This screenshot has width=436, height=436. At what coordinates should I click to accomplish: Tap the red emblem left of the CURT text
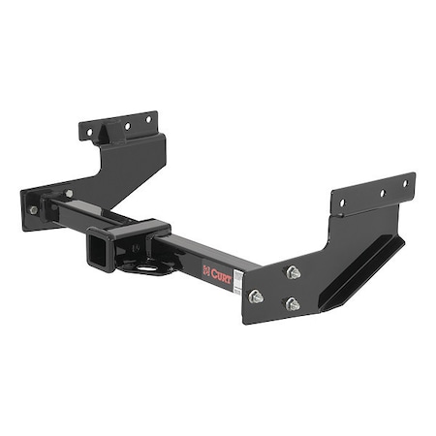pyautogui.click(x=205, y=271)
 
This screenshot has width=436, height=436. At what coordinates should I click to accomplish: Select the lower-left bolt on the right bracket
pyautogui.click(x=257, y=296)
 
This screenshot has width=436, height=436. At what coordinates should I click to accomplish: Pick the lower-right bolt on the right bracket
pyautogui.click(x=291, y=303)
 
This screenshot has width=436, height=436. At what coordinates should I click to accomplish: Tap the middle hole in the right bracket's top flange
pyautogui.click(x=379, y=193)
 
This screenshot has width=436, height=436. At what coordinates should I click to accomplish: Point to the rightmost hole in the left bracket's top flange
pyautogui.click(x=147, y=119)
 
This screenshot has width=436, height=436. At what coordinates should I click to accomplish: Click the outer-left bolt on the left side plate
pyautogui.click(x=33, y=210)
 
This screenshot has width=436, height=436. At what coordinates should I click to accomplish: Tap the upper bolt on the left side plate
pyautogui.click(x=68, y=195)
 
